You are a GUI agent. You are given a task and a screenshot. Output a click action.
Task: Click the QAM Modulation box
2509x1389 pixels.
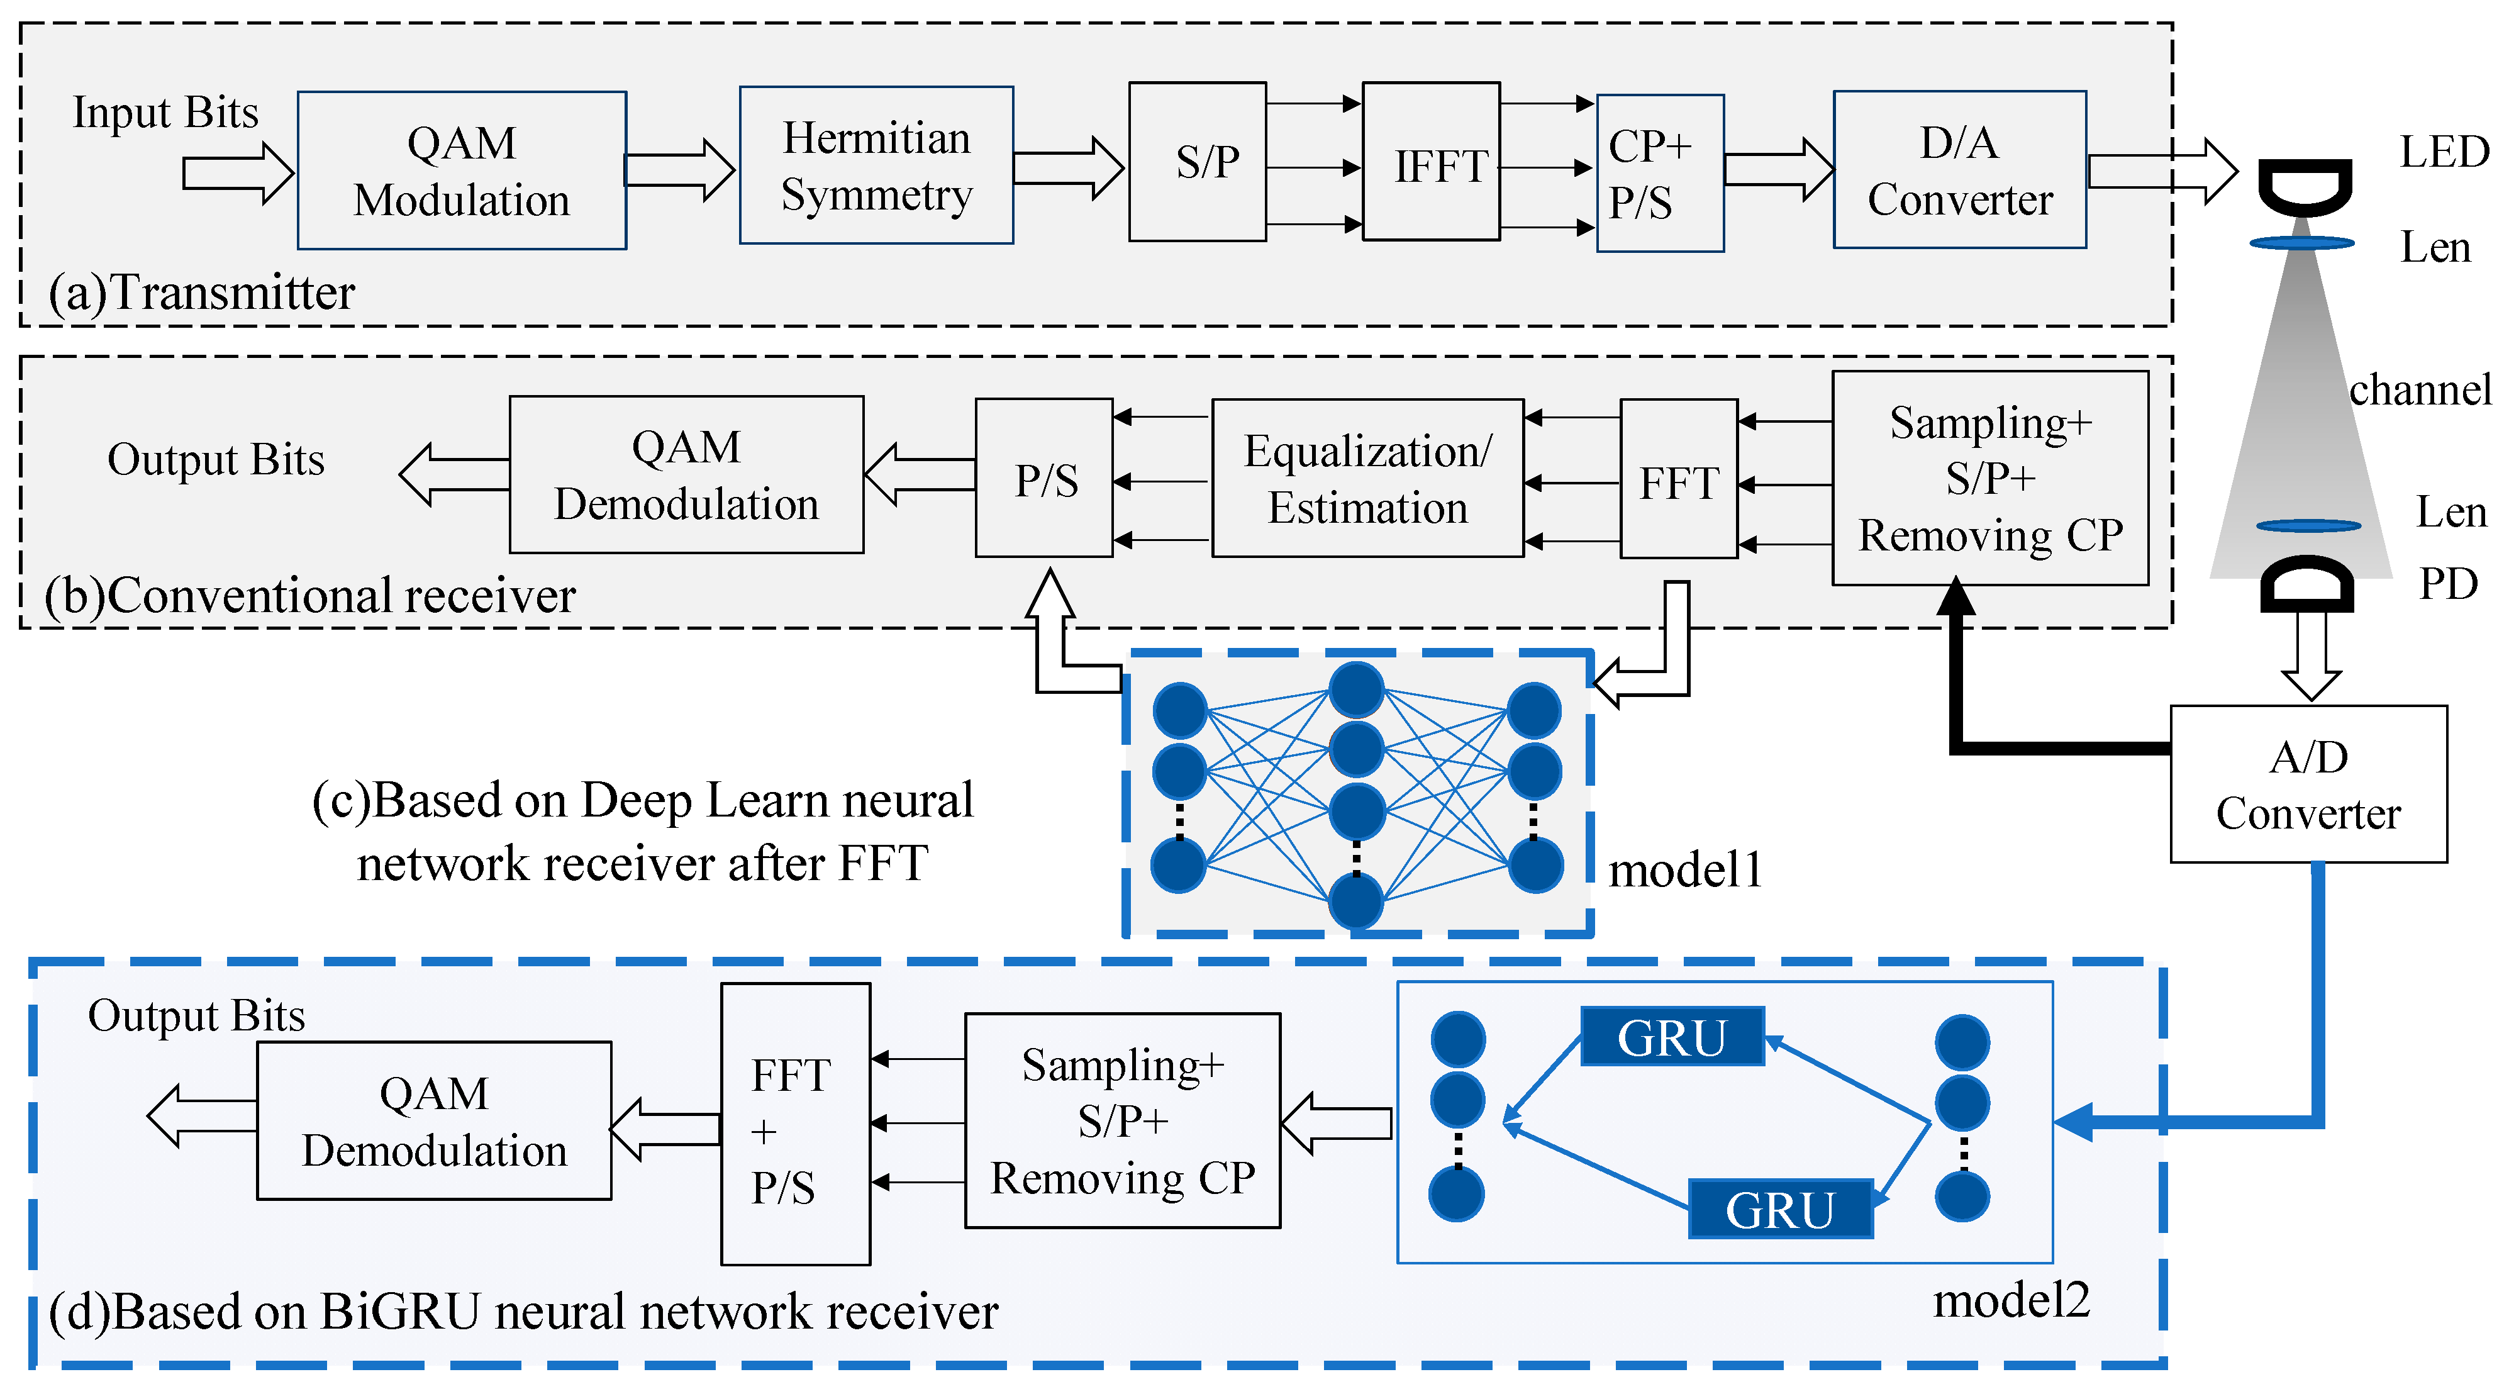pos(462,170)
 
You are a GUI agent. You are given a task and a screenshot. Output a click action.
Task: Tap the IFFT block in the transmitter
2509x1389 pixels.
pos(1431,162)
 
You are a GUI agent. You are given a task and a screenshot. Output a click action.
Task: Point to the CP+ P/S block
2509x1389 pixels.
pos(1660,174)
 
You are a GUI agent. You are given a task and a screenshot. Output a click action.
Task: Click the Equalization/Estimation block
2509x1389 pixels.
pos(1367,478)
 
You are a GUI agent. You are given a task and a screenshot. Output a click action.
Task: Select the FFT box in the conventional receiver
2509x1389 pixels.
pos(1678,479)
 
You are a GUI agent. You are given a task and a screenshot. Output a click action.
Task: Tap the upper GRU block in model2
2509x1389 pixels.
pos(1671,1036)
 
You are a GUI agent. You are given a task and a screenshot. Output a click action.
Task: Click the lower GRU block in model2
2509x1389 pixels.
pos(1779,1209)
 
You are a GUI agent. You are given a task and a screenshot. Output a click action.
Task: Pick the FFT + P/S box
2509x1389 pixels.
pos(795,1124)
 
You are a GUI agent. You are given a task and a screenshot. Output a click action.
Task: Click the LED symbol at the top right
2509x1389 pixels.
pos(2305,188)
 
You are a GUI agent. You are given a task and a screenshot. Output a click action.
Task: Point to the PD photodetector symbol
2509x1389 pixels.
pos(2306,584)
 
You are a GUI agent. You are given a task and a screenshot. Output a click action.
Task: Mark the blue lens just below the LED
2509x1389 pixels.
pos(2301,243)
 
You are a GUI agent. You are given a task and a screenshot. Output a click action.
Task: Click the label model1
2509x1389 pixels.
pos(1685,870)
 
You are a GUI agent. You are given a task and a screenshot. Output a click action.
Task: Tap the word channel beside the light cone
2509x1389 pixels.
pos(2420,389)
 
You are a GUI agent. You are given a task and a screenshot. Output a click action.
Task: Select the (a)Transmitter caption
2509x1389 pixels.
pos(202,293)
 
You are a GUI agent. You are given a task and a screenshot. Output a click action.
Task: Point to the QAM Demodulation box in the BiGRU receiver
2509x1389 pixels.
pos(435,1120)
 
